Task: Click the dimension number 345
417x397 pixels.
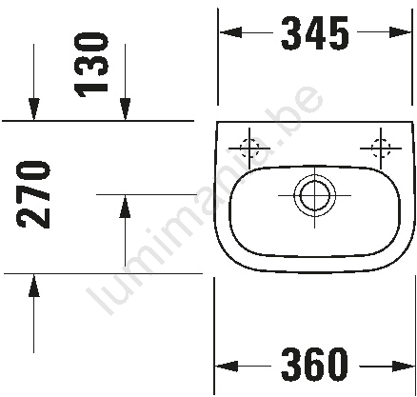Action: pyautogui.click(x=314, y=33)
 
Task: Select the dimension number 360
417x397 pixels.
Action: pyautogui.click(x=314, y=365)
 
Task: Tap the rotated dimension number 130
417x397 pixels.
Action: pyautogui.click(x=91, y=65)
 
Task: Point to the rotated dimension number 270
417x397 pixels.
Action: pyautogui.click(x=34, y=194)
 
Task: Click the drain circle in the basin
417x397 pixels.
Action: pyautogui.click(x=314, y=195)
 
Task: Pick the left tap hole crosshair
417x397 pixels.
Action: pyautogui.click(x=249, y=149)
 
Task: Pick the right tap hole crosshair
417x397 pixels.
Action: pyautogui.click(x=381, y=149)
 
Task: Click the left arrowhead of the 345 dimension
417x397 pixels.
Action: pyautogui.click(x=230, y=32)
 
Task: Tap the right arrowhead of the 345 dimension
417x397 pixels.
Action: pyautogui.click(x=401, y=32)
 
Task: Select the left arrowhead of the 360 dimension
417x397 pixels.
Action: pyautogui.click(x=227, y=366)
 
